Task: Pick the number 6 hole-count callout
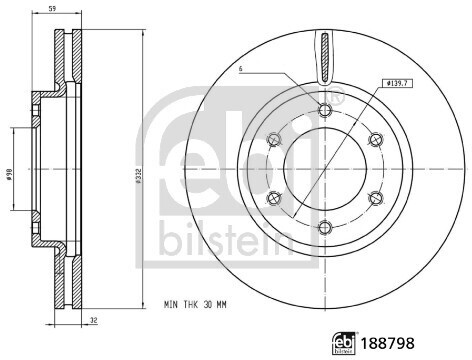(241, 68)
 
